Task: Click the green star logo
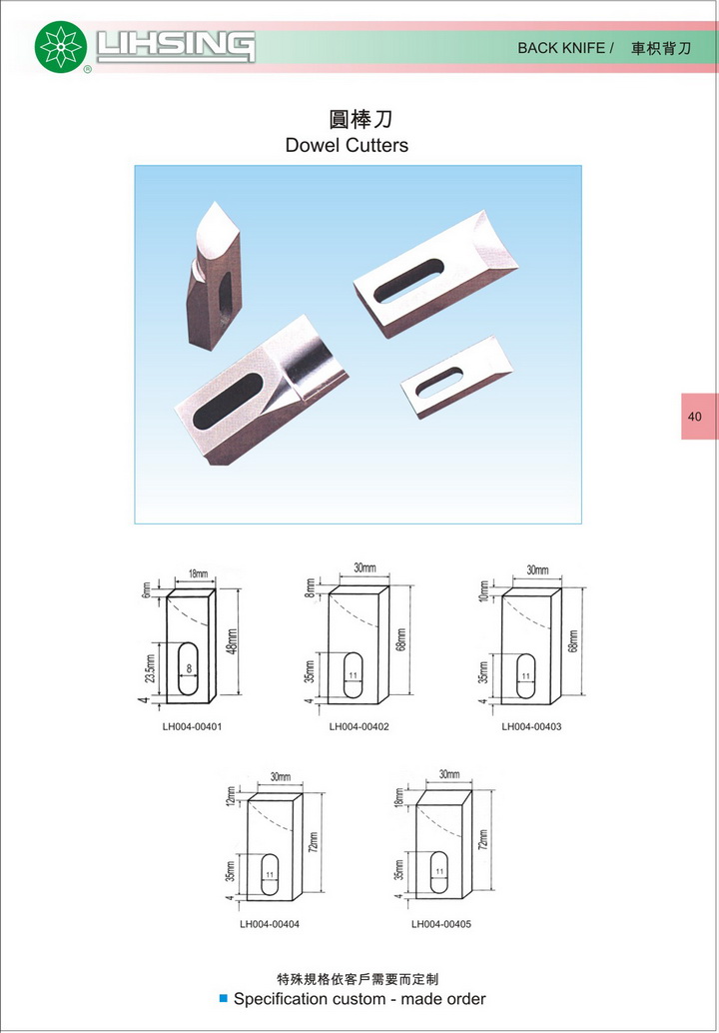[x=61, y=47]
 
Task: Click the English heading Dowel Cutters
[x=347, y=145]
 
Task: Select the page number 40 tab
[x=698, y=417]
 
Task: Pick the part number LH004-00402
[x=359, y=726]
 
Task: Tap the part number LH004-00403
[x=531, y=726]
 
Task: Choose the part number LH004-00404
[x=270, y=924]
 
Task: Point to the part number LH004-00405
[x=441, y=924]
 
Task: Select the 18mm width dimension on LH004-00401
[x=198, y=573]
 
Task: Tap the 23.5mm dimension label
[x=150, y=669]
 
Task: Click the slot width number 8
[x=189, y=668]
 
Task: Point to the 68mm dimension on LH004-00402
[x=401, y=638]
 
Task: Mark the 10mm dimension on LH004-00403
[x=484, y=591]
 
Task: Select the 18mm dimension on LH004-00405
[x=399, y=796]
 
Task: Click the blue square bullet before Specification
[x=224, y=999]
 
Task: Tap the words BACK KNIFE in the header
[x=561, y=48]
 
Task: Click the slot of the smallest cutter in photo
[x=439, y=382]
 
